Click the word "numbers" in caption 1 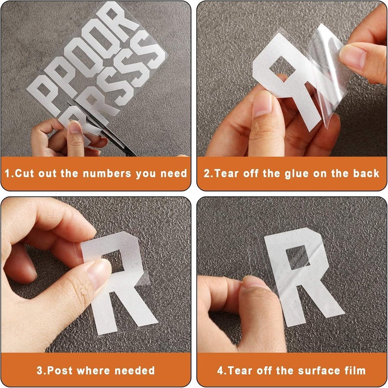[x=107, y=174]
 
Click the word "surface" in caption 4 [x=319, y=371]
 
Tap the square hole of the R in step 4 [x=298, y=258]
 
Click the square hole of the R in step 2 [x=282, y=67]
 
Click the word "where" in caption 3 [x=94, y=371]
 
